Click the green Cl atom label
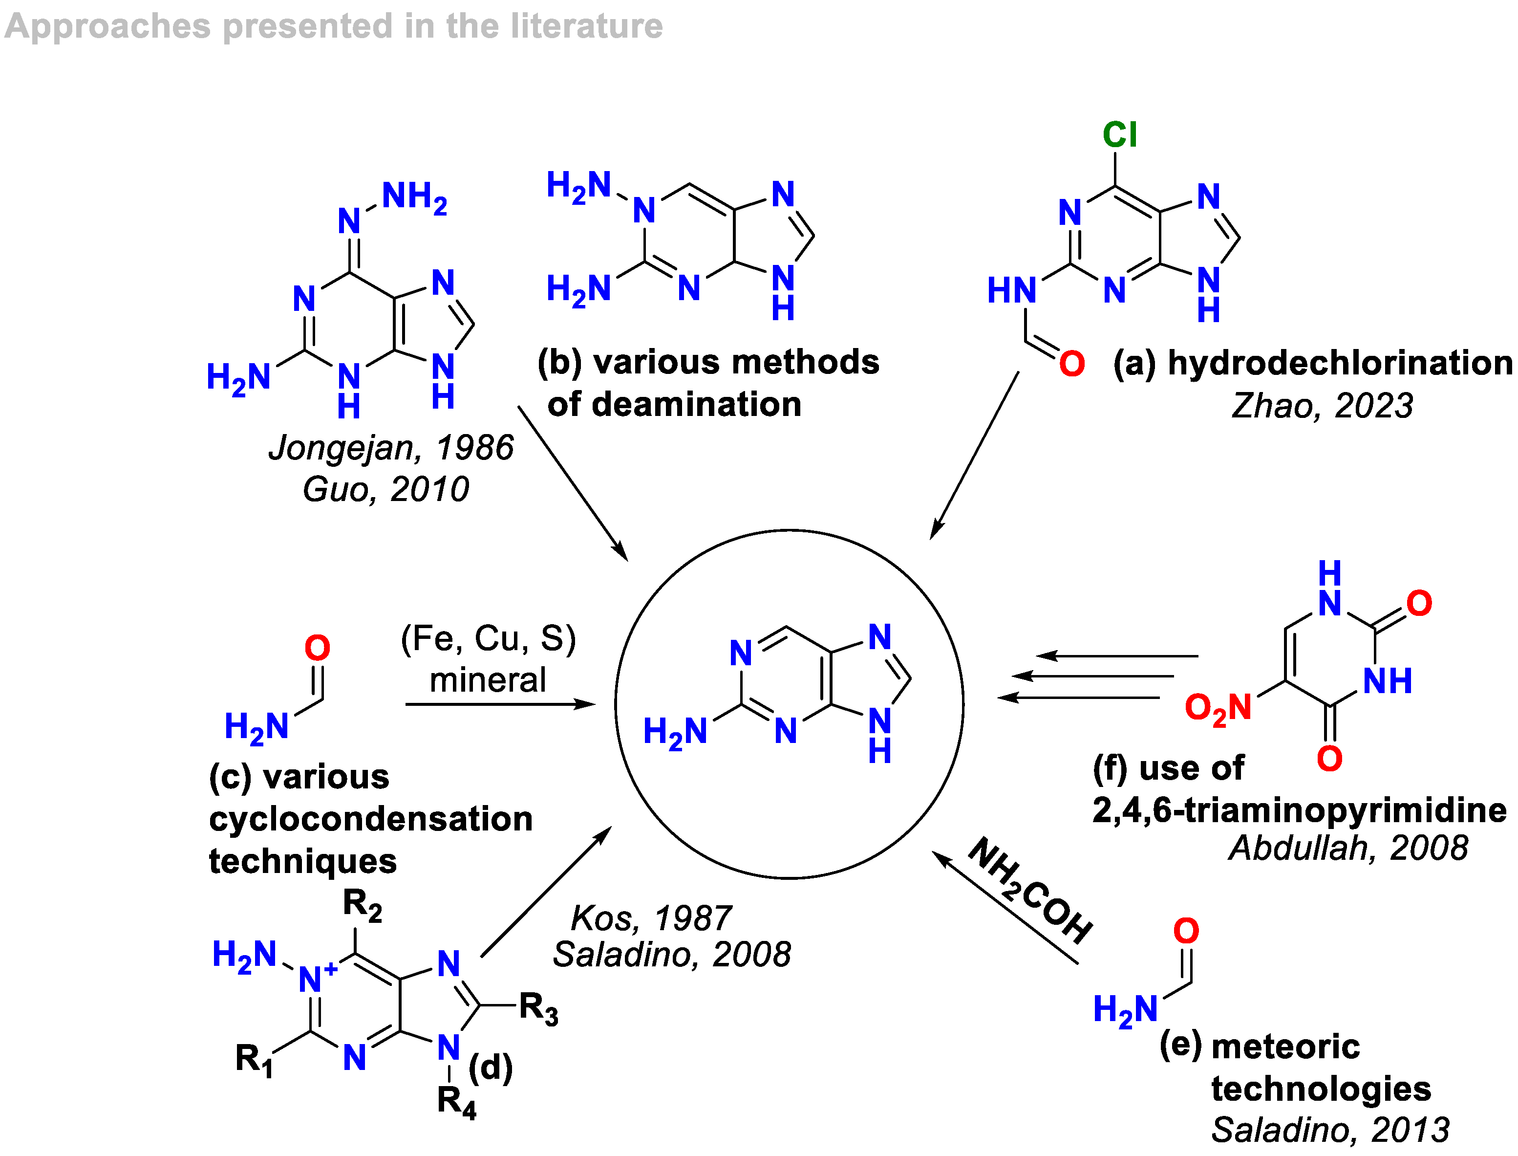[1119, 134]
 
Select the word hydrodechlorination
[1340, 363]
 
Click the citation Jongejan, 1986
[391, 448]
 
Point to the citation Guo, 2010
[386, 489]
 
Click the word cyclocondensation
[371, 819]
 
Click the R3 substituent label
[538, 1009]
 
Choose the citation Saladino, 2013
[1329, 1130]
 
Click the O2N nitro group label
[1218, 709]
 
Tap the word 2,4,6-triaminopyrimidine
[1299, 810]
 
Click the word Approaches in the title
[107, 27]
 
